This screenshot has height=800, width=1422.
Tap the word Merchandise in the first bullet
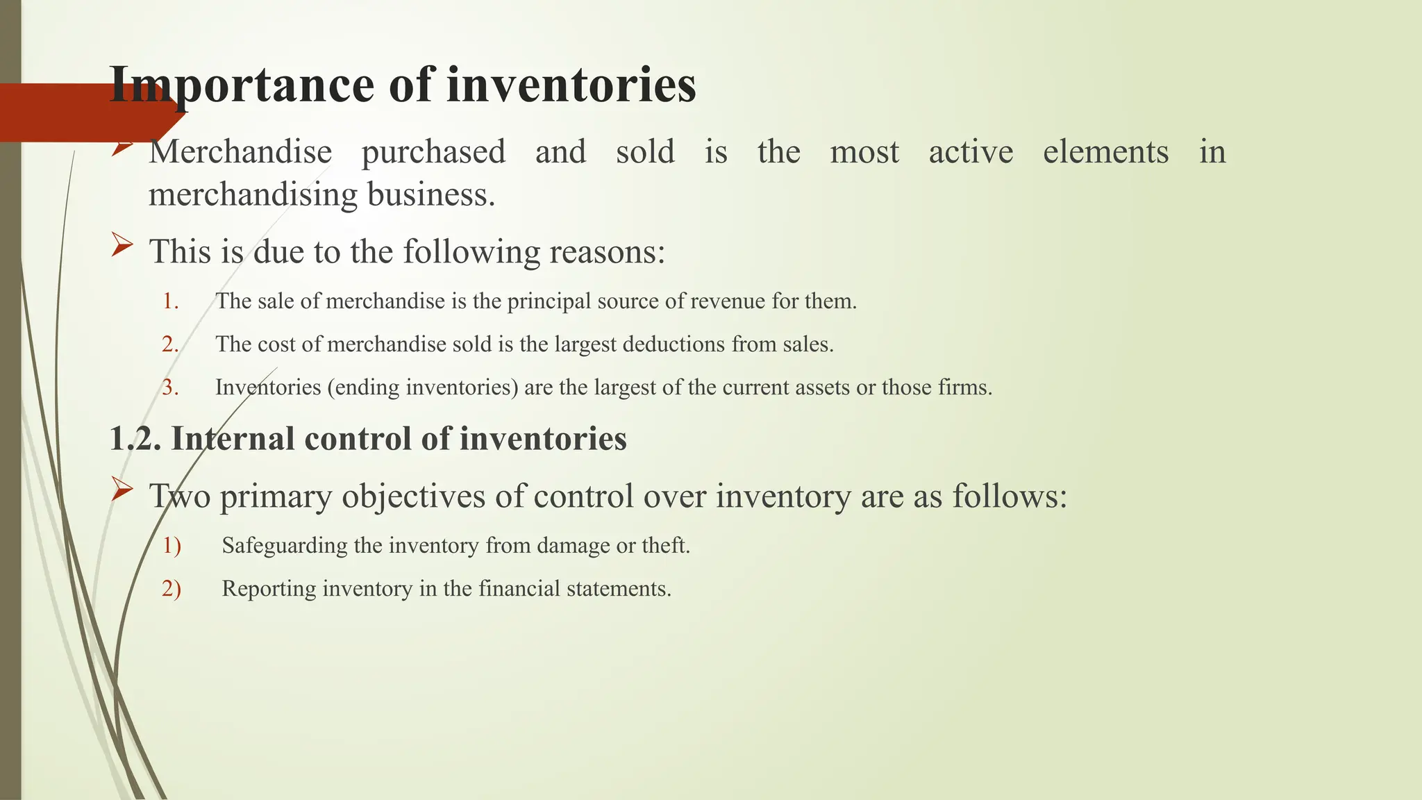click(240, 152)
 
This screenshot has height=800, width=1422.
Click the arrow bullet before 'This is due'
click(122, 245)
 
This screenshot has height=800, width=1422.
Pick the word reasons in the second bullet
click(607, 251)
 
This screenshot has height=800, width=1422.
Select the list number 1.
click(170, 301)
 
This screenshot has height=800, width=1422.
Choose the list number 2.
click(170, 344)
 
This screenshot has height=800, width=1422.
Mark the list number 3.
click(170, 387)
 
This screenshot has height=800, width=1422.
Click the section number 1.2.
click(135, 439)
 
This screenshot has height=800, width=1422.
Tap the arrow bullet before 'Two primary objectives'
click(122, 490)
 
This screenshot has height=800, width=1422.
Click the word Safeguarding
click(285, 546)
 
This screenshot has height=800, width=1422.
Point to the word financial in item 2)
click(519, 589)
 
